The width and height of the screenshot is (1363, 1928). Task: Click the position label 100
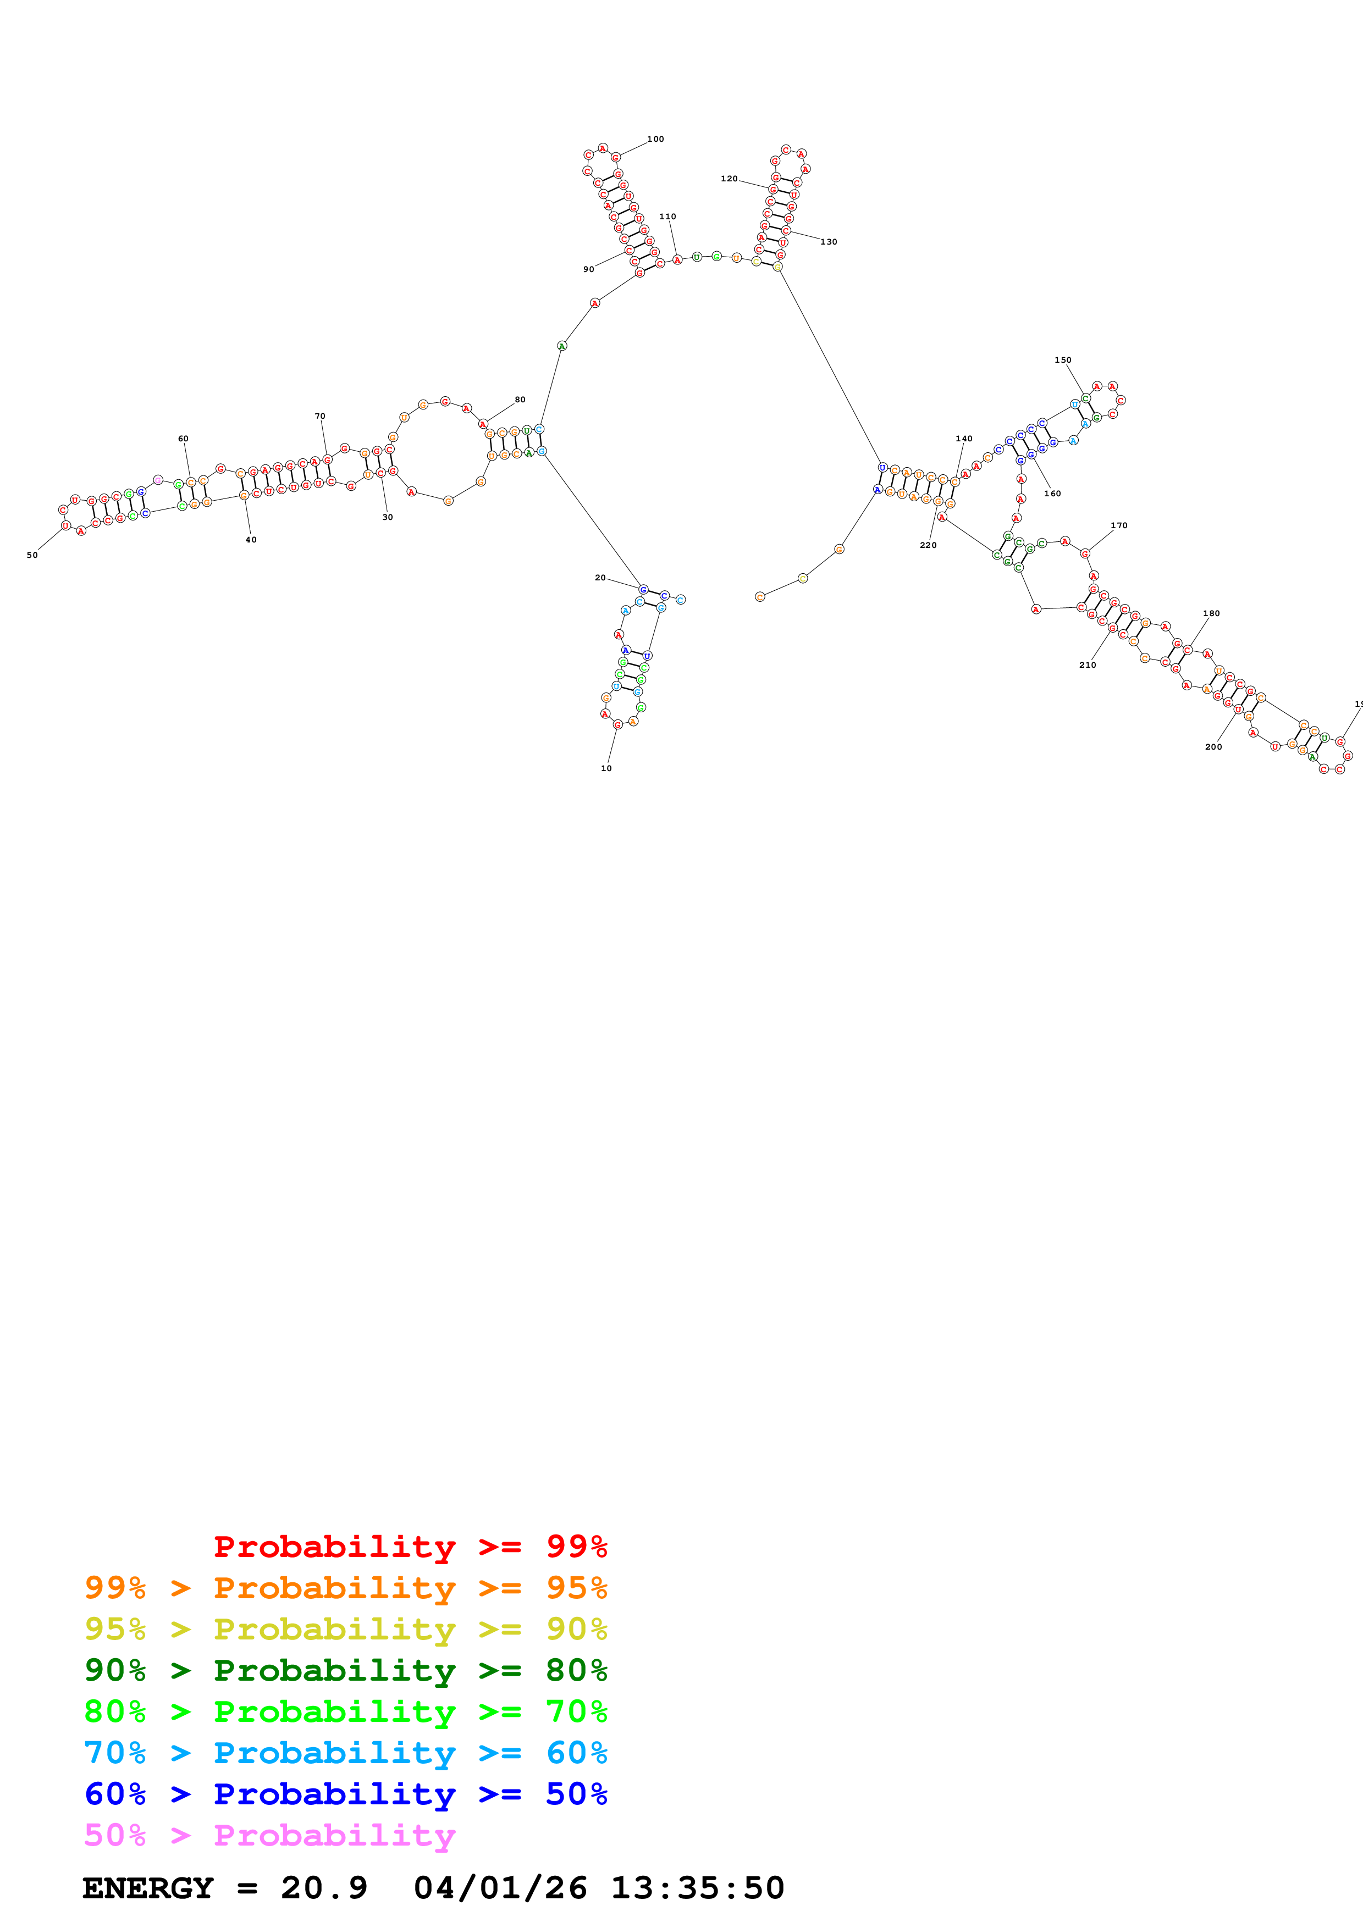pyautogui.click(x=655, y=140)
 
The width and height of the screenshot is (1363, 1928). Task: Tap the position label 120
pyautogui.click(x=729, y=179)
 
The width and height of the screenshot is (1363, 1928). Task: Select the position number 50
pyautogui.click(x=32, y=555)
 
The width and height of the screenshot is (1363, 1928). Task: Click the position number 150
pyautogui.click(x=1062, y=360)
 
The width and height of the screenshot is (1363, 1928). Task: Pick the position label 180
pyautogui.click(x=1211, y=614)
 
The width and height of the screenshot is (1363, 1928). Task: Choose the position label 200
pyautogui.click(x=1213, y=746)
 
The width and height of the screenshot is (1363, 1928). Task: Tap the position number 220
pyautogui.click(x=928, y=545)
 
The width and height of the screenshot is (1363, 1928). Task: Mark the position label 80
pyautogui.click(x=520, y=400)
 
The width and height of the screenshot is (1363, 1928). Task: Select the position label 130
pyautogui.click(x=829, y=242)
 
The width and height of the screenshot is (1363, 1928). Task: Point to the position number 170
pyautogui.click(x=1119, y=525)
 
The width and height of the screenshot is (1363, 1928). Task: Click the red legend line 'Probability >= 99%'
pyautogui.click(x=411, y=1546)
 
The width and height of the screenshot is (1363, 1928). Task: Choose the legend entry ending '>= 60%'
pyautogui.click(x=345, y=1753)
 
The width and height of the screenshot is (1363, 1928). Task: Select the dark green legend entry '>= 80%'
pyautogui.click(x=345, y=1670)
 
